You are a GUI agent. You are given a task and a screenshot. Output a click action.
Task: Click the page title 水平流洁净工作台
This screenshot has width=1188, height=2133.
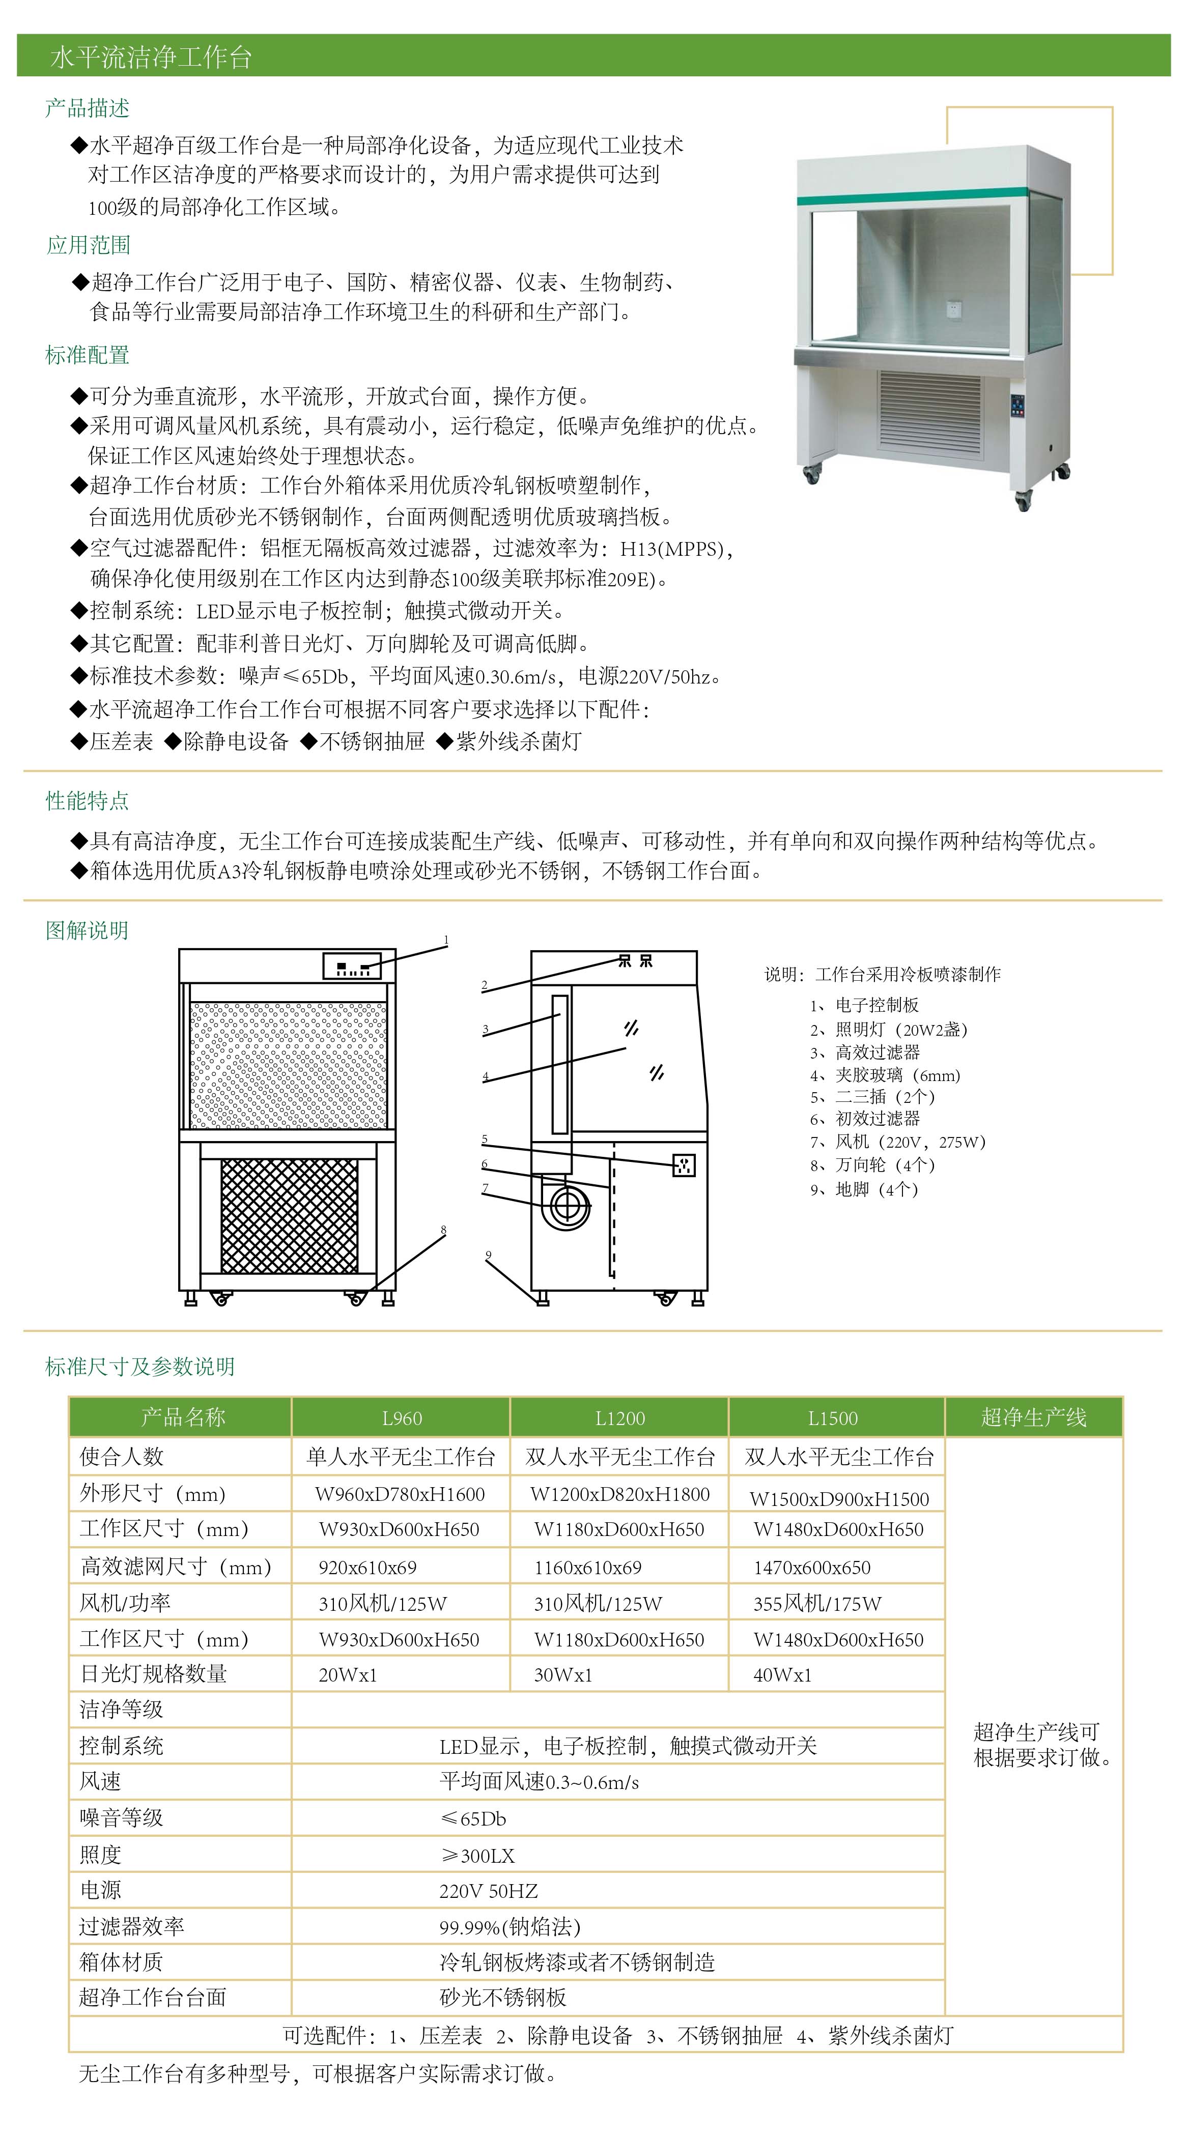[x=151, y=57]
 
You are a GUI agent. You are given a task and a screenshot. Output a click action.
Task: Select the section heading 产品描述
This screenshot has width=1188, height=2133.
[x=87, y=108]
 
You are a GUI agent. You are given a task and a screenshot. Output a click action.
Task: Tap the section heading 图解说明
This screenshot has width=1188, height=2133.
[x=87, y=931]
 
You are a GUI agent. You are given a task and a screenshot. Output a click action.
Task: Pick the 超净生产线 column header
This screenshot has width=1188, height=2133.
[x=1033, y=1417]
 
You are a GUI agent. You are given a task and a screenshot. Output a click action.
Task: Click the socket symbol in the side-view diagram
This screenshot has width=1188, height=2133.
[x=684, y=1165]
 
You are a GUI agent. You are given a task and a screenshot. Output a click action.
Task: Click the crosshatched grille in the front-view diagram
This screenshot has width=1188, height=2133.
[x=289, y=1215]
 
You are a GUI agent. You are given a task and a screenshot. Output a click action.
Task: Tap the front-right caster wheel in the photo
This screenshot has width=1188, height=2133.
[x=1023, y=500]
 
